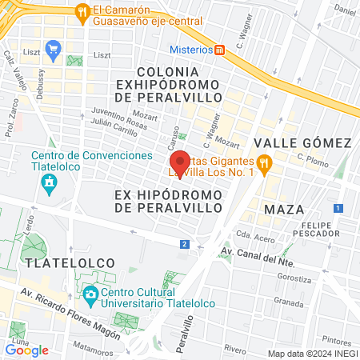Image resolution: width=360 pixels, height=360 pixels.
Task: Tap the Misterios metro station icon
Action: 220,49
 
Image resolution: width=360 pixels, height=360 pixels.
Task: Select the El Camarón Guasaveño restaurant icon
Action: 82,12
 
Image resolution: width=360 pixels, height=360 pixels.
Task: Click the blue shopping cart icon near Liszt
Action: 54,50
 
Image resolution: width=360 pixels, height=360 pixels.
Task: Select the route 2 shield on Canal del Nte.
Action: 185,244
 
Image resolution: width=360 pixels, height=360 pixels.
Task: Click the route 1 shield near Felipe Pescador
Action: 338,208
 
